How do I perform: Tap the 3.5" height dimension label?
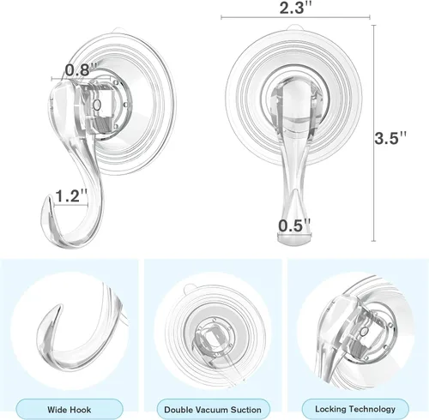coord(390,138)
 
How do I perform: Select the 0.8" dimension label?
coord(82,70)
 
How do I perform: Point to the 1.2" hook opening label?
coord(71,195)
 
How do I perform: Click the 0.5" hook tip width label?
coord(294,225)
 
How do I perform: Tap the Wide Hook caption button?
coord(69,410)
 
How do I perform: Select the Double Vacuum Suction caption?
coord(213,410)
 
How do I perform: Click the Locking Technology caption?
coord(355,409)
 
